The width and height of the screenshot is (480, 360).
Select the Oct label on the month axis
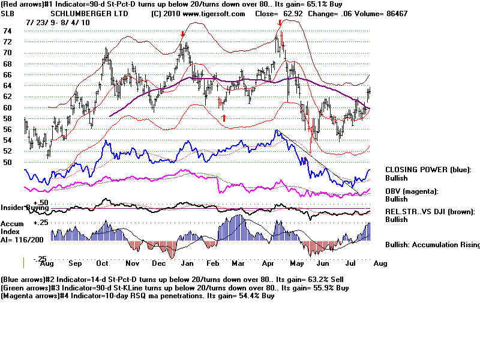click(102, 263)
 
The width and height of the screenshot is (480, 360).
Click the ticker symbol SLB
click(8, 13)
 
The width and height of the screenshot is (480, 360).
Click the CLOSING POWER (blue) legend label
click(428, 170)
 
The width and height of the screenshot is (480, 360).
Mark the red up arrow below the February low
click(224, 118)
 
